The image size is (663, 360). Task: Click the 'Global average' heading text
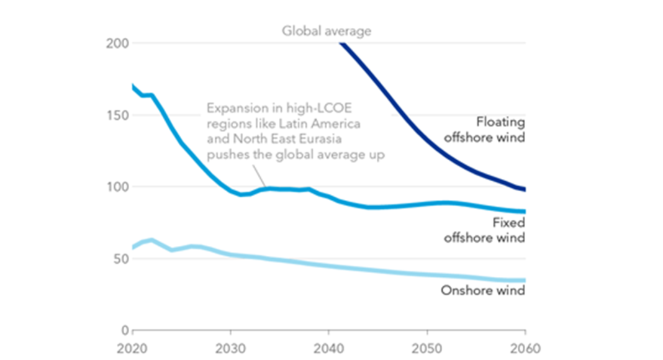(327, 30)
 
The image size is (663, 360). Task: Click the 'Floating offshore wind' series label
(484, 129)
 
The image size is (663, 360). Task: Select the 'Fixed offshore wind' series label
(484, 230)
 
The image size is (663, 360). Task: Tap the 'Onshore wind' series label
(482, 290)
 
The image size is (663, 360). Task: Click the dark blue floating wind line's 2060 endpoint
(525, 189)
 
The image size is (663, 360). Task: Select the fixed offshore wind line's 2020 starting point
(133, 86)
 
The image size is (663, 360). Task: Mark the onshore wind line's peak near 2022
(151, 240)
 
